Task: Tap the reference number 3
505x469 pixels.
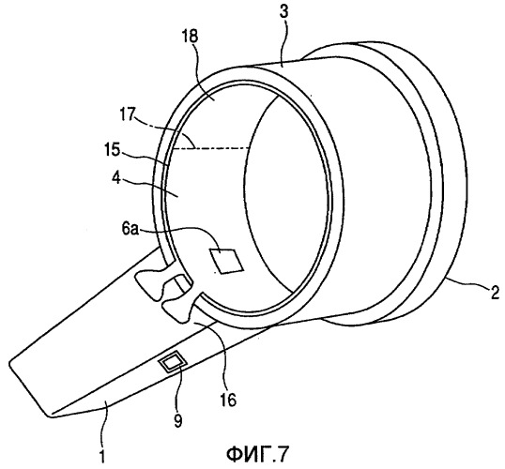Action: (x=283, y=12)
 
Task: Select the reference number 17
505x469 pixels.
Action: (x=128, y=114)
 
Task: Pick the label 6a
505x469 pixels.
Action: (x=130, y=230)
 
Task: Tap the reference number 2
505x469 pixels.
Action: (x=494, y=294)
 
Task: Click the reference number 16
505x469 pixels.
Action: (x=228, y=400)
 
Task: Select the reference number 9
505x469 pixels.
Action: (x=177, y=421)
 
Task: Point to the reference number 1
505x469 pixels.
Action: (x=101, y=456)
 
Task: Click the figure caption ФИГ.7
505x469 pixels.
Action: (x=256, y=454)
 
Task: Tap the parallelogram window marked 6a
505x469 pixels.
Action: (x=226, y=261)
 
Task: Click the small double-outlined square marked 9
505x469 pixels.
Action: (x=173, y=363)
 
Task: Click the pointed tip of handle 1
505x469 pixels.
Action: (x=50, y=416)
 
